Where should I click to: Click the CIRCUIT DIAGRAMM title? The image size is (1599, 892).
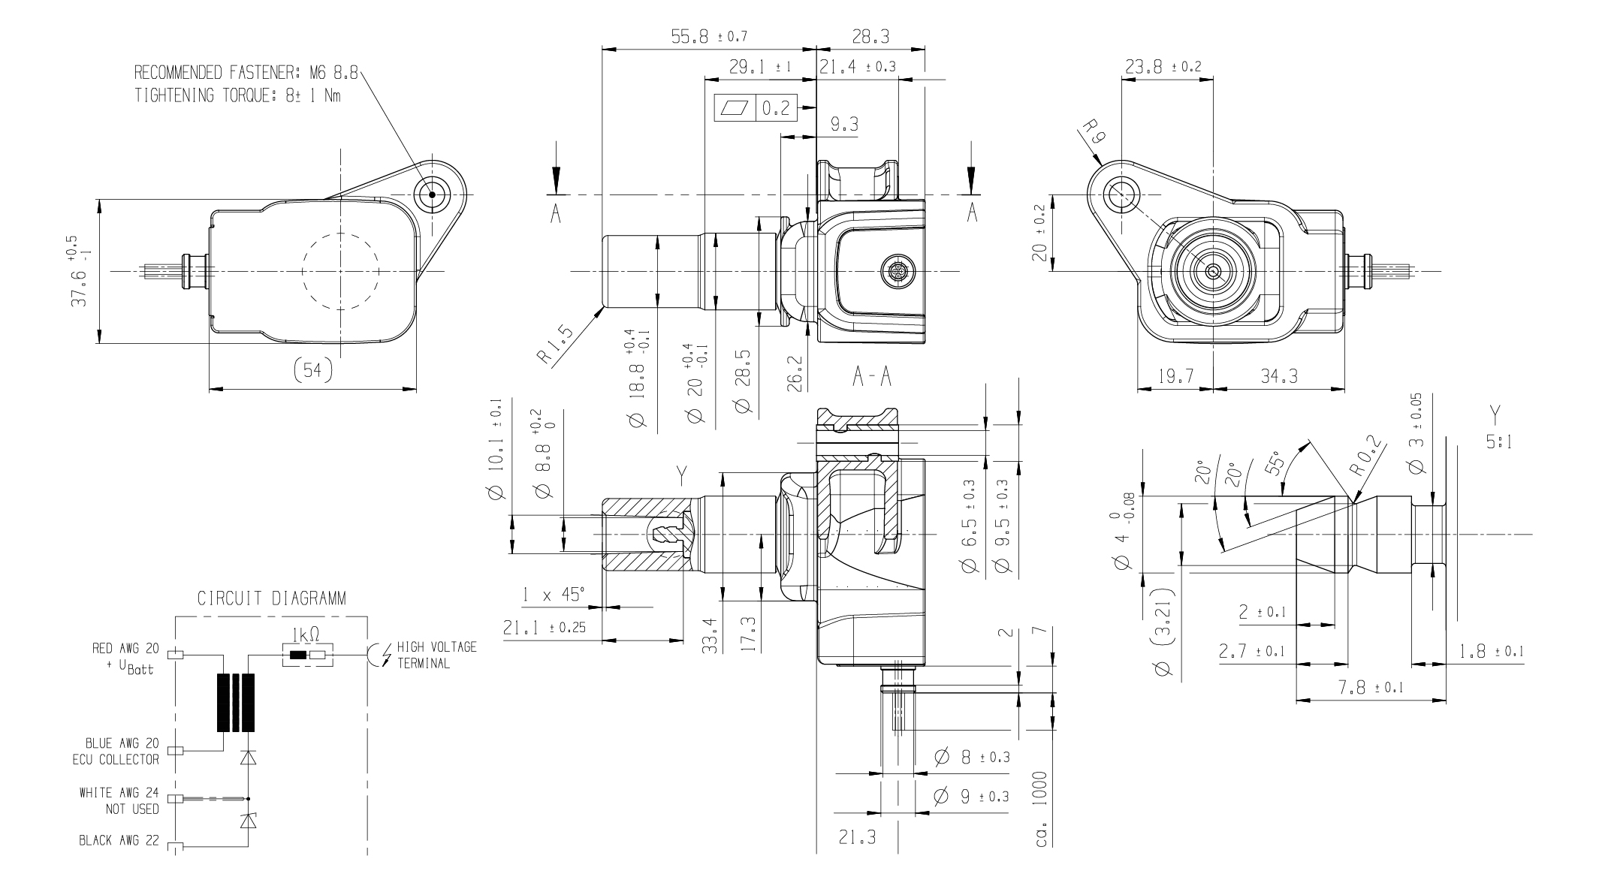click(271, 598)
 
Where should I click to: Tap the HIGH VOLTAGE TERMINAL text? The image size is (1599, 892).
click(436, 655)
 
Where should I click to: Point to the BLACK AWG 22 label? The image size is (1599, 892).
click(119, 840)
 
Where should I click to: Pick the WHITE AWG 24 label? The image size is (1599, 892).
click(119, 793)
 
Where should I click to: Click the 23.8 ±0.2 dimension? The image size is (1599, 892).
click(1163, 67)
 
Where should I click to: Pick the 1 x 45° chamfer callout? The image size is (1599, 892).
click(554, 595)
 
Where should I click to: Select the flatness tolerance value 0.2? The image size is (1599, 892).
click(776, 109)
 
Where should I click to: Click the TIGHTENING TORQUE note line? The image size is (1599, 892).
click(237, 96)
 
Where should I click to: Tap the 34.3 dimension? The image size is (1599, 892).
click(1279, 376)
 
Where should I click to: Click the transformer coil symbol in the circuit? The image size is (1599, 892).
click(236, 702)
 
